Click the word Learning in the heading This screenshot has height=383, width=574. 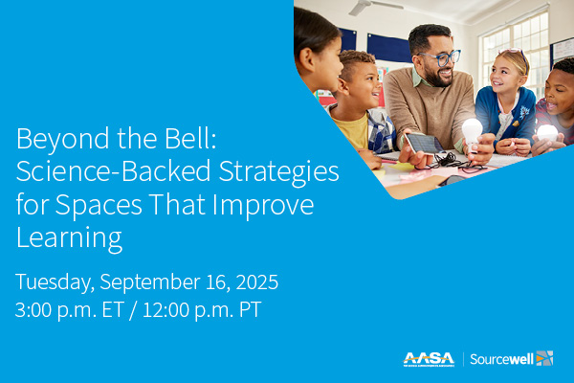coord(70,236)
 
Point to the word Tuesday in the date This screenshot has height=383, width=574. coord(54,282)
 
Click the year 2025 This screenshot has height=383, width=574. coord(255,282)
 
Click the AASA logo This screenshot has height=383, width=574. coord(430,359)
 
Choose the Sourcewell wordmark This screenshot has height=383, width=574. coord(500,359)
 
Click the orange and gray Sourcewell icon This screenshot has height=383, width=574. coord(544,358)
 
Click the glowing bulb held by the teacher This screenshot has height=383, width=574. coord(473,130)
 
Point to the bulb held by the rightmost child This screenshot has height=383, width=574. coord(546,133)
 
